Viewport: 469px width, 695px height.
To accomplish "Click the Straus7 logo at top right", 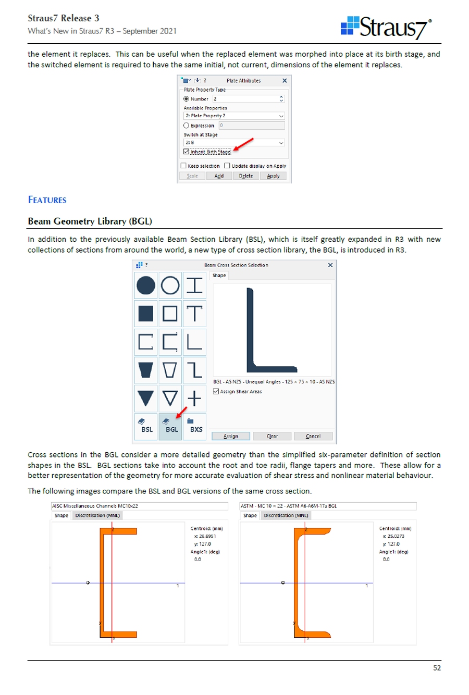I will pos(386,27).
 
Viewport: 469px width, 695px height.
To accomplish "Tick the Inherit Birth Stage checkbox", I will pos(187,152).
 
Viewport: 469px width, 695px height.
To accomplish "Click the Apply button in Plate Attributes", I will pos(273,176).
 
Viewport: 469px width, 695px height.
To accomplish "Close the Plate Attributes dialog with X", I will pos(285,81).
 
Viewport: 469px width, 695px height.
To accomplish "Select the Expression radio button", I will pos(187,126).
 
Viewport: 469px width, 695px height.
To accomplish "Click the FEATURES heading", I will pos(47,200).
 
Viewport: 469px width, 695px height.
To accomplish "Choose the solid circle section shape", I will pos(146,286).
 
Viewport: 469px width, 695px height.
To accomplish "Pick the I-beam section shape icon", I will pos(194,286).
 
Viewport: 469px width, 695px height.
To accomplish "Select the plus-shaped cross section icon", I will pos(194,399).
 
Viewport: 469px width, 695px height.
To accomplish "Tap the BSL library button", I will pos(146,426).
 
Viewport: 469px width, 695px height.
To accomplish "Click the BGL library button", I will pos(171,426).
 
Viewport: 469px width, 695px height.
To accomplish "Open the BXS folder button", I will pos(195,426).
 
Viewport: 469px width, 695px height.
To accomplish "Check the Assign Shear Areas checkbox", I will pos(216,391).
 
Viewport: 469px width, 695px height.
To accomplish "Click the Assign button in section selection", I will pos(231,436).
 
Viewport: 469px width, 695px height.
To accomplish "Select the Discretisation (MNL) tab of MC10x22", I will pos(97,515).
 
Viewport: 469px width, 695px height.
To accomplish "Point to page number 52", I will pos(437,668).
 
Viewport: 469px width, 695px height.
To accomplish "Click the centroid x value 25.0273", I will pos(396,536).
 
